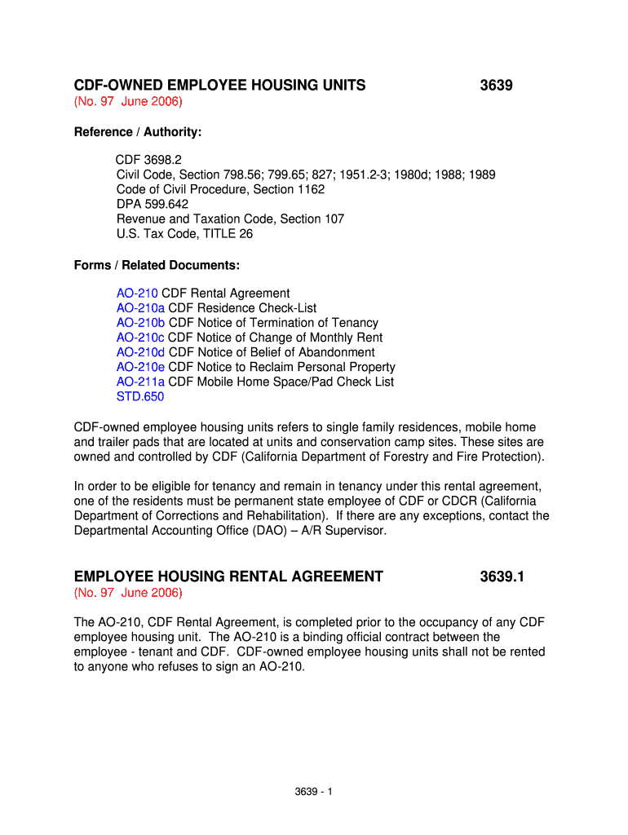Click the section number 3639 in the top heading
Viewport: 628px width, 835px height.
[496, 85]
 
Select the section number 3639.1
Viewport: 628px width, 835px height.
[502, 577]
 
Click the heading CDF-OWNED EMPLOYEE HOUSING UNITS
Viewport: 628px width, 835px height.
[219, 85]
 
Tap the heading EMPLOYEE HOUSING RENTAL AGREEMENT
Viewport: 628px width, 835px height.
[228, 577]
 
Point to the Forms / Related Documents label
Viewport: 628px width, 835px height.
[157, 265]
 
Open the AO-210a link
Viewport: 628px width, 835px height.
[140, 308]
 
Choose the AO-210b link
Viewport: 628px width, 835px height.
[140, 323]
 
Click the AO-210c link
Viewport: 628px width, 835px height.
[140, 338]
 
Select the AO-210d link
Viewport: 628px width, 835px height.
[140, 352]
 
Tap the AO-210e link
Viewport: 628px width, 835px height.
[140, 367]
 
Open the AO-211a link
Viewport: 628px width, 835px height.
[140, 382]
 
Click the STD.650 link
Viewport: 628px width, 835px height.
[139, 396]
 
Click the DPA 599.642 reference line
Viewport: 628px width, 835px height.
[153, 205]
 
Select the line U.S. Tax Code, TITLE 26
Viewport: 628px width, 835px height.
[184, 234]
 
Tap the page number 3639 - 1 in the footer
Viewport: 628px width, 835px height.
[313, 793]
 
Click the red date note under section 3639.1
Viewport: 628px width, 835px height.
[128, 592]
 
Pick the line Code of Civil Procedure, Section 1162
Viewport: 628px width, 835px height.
[220, 190]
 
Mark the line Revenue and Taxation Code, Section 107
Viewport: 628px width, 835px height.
[230, 219]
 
